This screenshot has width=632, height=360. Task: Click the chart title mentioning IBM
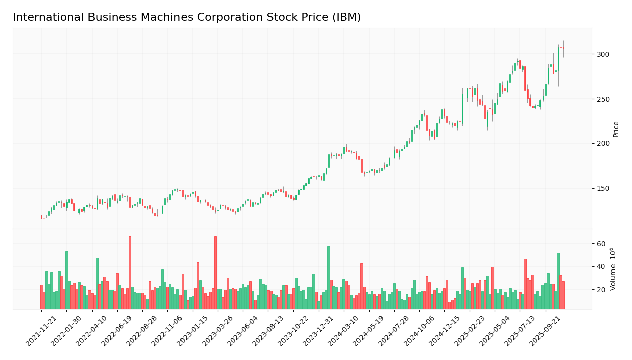point(187,17)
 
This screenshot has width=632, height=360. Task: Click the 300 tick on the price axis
point(602,54)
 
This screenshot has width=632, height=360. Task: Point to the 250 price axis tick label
point(602,99)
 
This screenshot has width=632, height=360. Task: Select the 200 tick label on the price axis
point(602,144)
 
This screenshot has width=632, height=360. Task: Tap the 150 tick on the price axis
point(602,189)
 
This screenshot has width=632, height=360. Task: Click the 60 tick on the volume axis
point(601,244)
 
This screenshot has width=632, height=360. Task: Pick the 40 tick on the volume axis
point(601,267)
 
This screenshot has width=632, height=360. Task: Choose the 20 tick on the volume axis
point(601,290)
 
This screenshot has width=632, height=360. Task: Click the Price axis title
point(616,129)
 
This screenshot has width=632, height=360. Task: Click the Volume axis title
point(613,268)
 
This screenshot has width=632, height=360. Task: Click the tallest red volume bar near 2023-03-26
point(215,273)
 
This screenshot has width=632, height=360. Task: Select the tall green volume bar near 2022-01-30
point(66,280)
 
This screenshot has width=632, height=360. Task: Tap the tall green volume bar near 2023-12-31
point(329,278)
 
